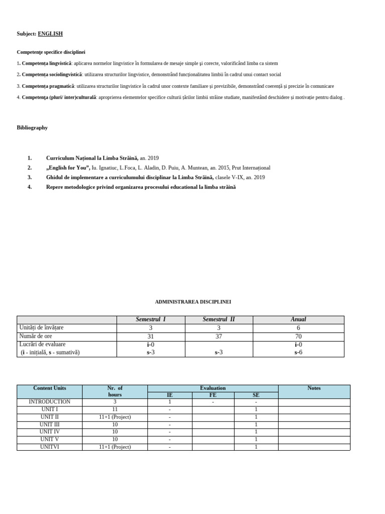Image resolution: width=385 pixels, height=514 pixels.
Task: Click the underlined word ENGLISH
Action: pos(50,34)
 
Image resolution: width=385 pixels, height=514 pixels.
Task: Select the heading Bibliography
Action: pos(32,127)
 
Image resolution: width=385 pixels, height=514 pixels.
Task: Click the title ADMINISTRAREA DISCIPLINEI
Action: pos(193,302)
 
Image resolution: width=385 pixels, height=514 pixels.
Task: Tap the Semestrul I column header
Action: pos(151,319)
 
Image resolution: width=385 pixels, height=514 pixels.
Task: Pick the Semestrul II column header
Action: pos(219,319)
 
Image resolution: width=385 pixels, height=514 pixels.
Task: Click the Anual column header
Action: pos(298,319)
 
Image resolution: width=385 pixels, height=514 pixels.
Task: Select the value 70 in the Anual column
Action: pos(298,336)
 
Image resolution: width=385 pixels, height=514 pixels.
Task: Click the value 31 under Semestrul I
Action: pos(151,336)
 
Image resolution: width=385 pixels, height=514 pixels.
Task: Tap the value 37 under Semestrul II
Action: pos(219,336)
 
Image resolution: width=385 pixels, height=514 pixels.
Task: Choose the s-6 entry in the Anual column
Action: pos(298,352)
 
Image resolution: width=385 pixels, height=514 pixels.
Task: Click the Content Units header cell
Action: pos(49,388)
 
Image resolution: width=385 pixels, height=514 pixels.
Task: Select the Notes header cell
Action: pos(314,388)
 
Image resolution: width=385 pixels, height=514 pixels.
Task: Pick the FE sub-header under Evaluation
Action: pos(213,395)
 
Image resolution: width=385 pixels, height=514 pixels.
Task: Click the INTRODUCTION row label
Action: pos(49,402)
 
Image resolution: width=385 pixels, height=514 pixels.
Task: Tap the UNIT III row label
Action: pos(49,424)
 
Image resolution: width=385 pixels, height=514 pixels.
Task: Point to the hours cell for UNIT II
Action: pos(115,417)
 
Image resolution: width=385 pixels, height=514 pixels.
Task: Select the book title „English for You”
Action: pos(68,168)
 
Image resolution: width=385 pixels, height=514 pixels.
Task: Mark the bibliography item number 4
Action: pos(30,187)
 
